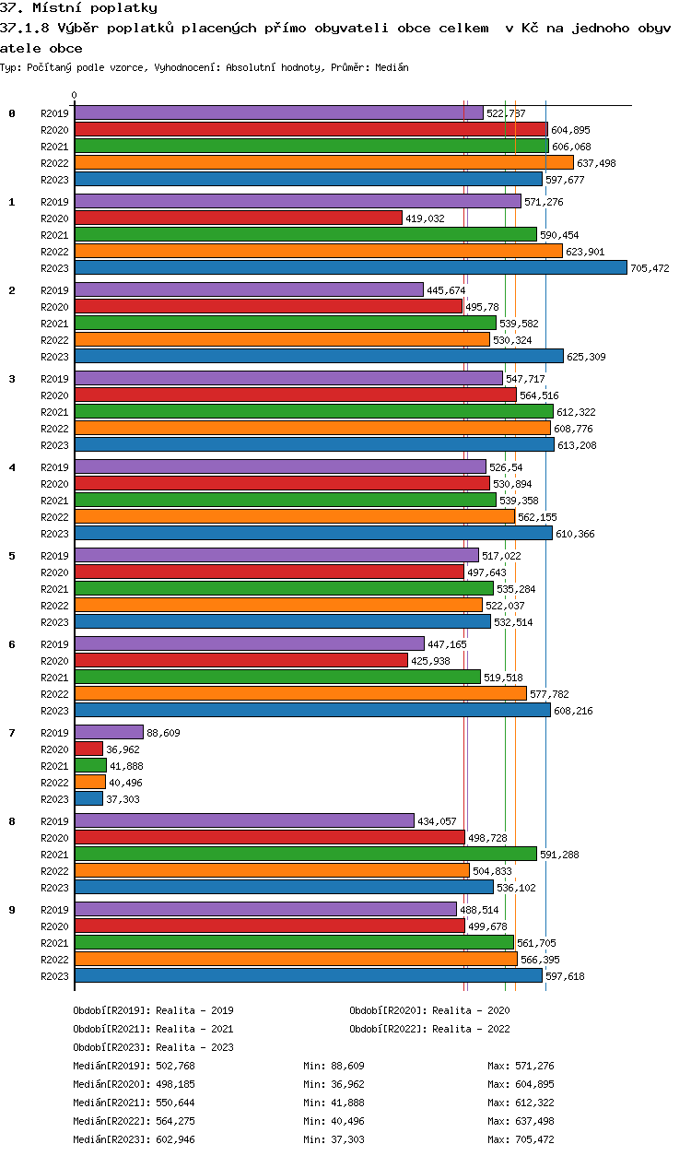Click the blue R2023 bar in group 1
(x=350, y=267)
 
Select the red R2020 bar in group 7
(x=88, y=749)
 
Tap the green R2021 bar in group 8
(x=305, y=854)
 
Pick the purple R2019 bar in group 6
(x=249, y=643)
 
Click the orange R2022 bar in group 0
(x=323, y=162)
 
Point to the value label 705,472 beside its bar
(x=650, y=268)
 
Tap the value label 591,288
(x=559, y=855)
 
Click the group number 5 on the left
(x=12, y=556)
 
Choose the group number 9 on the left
(x=12, y=910)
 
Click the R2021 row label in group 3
(x=55, y=412)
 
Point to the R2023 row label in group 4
(x=55, y=534)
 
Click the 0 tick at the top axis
(x=75, y=96)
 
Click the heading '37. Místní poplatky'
(x=78, y=8)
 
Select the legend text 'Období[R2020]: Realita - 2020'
(x=429, y=1010)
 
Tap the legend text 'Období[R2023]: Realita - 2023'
(x=153, y=1047)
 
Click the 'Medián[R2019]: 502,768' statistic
(x=135, y=1066)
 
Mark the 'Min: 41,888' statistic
(x=334, y=1103)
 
